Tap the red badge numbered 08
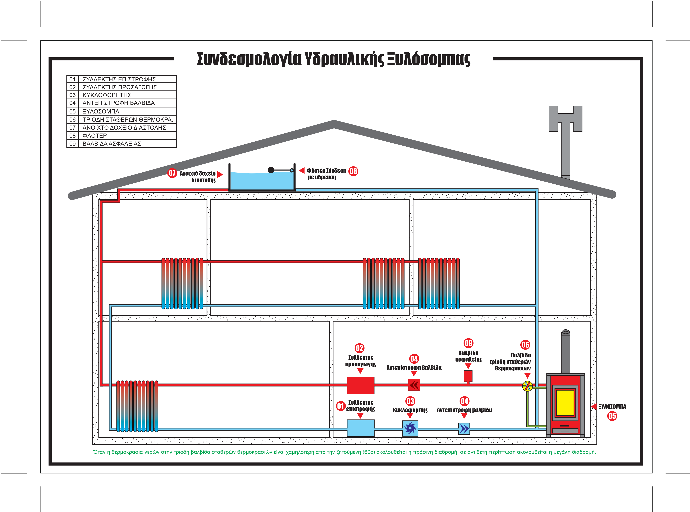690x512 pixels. click(x=353, y=171)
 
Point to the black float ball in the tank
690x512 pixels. click(x=271, y=170)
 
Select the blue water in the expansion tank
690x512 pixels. click(x=262, y=181)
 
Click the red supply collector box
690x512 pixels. click(x=360, y=385)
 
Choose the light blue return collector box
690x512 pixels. click(x=360, y=428)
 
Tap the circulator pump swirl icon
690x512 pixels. click(x=410, y=428)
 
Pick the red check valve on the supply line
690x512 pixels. click(x=414, y=385)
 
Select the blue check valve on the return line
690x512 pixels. click(x=464, y=429)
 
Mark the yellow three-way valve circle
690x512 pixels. click(x=527, y=386)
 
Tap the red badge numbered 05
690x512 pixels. click(x=612, y=416)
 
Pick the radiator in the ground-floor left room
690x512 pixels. click(x=137, y=406)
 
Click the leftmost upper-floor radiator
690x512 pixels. click(x=182, y=283)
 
